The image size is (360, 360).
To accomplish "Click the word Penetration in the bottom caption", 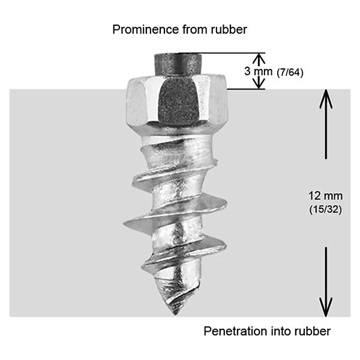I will click(232, 331).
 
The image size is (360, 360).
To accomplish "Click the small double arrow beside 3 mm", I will click(258, 71).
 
